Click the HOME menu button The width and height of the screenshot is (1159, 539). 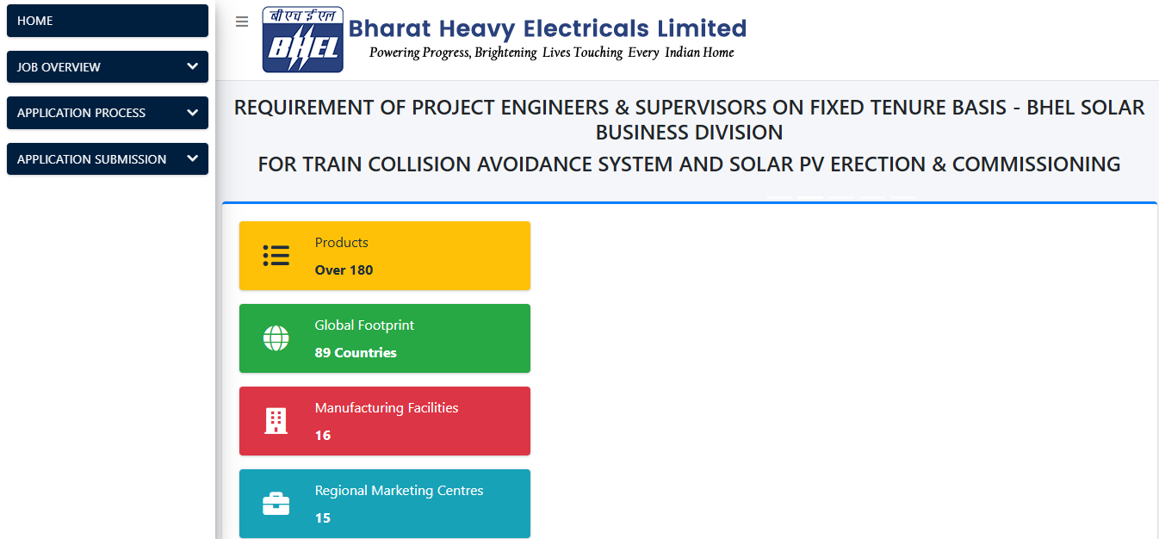coord(107,21)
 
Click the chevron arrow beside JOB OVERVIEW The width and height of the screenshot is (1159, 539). coord(192,66)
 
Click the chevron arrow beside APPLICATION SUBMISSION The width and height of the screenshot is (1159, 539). coord(192,158)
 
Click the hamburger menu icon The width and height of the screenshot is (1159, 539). coord(242,22)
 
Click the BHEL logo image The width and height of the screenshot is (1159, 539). coord(303,40)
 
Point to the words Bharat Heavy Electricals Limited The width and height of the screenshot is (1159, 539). coord(547,28)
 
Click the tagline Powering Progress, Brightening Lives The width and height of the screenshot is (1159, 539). coord(551,53)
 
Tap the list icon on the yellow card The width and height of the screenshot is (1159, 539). coord(276,256)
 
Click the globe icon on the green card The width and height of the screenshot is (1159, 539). coord(276,338)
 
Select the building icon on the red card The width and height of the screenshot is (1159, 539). coord(276,421)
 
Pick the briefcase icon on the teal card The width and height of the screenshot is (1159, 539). coord(276,504)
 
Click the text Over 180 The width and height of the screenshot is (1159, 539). coord(344,269)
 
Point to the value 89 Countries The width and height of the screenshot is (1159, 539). coord(356,352)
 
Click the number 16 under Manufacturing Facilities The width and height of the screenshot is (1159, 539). coord(323,435)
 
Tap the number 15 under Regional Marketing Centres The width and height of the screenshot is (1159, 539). coord(323,517)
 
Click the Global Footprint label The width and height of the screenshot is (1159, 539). coord(364,325)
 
